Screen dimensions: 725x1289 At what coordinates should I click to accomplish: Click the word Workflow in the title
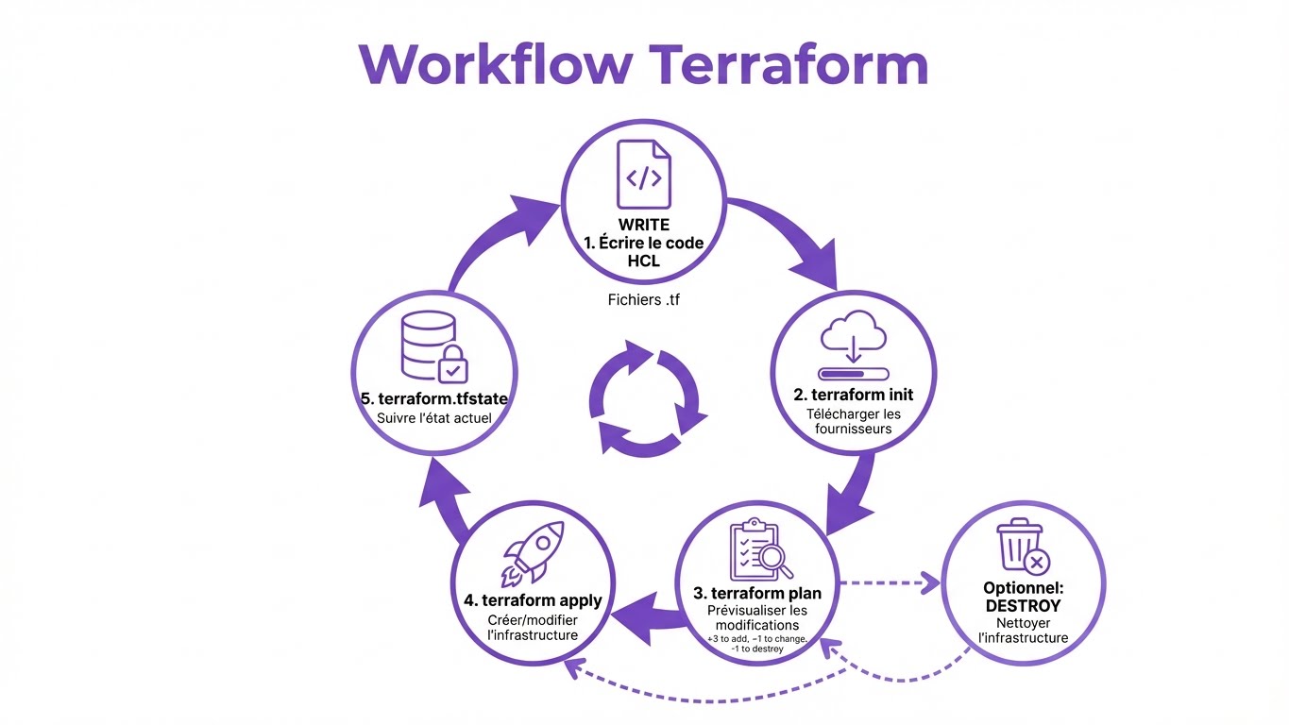click(x=496, y=64)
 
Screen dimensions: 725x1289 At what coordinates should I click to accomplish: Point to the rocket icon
click(x=533, y=553)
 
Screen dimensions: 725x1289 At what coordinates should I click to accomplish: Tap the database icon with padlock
click(x=432, y=351)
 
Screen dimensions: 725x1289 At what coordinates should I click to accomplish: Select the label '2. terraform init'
click(x=854, y=395)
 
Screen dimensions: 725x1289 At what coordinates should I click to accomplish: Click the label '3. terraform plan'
click(x=757, y=593)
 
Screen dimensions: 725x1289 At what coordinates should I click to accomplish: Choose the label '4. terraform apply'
click(x=533, y=600)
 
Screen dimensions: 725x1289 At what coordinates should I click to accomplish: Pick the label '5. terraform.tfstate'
click(x=434, y=398)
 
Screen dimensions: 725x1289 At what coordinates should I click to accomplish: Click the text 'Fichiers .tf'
click(x=643, y=301)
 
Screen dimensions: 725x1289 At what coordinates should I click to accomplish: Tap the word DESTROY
click(x=1023, y=605)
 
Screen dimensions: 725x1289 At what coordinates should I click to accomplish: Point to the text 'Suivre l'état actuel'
click(x=434, y=417)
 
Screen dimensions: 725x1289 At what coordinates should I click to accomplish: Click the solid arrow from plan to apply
click(x=646, y=615)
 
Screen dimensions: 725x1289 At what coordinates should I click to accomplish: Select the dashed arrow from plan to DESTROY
click(x=888, y=583)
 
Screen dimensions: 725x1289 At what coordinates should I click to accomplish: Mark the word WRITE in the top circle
click(x=643, y=225)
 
